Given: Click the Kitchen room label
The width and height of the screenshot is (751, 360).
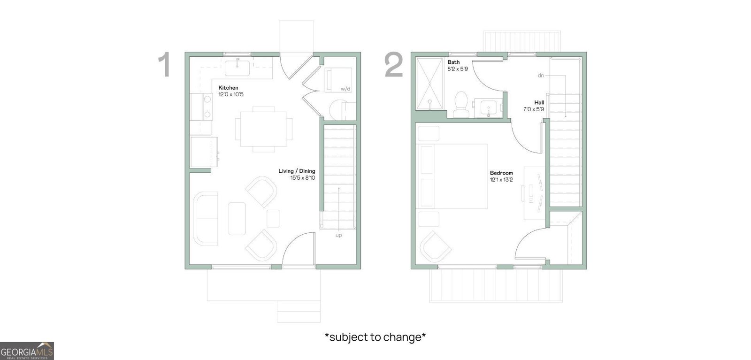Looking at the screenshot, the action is coord(228,88).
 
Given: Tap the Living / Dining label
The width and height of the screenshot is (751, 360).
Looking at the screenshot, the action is coord(297,171).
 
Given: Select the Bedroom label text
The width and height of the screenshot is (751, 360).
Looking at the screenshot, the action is coord(501,173).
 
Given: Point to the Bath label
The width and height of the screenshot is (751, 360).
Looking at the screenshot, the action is coord(453,62).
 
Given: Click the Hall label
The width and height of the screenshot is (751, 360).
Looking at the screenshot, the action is coord(539,103).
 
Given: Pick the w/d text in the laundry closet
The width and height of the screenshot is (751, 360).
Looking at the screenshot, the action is coord(345,89).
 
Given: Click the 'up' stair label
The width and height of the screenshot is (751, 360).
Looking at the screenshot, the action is coord(338,235).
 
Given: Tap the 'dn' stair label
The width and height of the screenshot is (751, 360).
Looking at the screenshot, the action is coord(541,76).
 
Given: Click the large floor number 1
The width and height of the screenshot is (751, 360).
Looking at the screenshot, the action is coord(164,65).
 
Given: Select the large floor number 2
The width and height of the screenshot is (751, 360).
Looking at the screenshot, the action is coord(394,65).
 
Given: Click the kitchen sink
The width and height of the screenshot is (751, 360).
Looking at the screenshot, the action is coord(237,68).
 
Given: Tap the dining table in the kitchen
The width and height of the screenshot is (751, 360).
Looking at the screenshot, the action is coord(263,129).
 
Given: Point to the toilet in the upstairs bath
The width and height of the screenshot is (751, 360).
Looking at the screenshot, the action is coord(461,104).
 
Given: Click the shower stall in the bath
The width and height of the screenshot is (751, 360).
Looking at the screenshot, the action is coord(429,84).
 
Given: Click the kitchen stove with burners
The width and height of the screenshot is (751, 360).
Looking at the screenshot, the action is coord(201,107).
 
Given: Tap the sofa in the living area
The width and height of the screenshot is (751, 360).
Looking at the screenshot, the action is coord(206,219).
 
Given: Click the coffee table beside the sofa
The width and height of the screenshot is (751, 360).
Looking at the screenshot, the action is coord(237,219).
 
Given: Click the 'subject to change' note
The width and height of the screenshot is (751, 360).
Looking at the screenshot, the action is coord(375,337).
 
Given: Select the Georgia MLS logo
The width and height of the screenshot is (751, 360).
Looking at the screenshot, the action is coord(27,351).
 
